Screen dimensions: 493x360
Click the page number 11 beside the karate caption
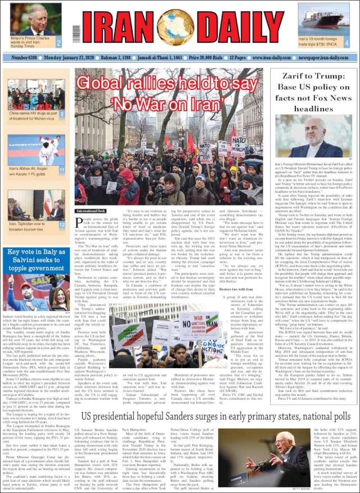tap(61, 169)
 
